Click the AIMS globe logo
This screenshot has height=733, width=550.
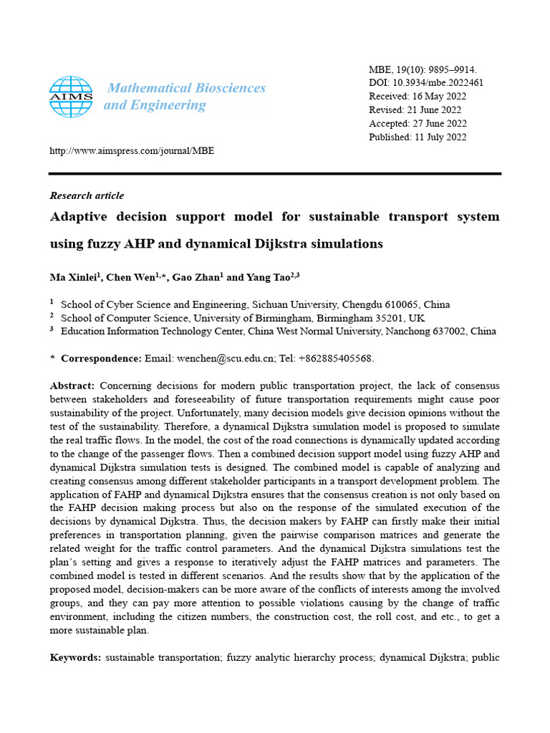71,97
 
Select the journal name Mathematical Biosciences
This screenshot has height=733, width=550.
186,88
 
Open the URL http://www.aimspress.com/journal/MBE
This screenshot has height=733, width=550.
131,151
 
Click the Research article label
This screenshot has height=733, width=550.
87,195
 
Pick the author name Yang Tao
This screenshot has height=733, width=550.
261,277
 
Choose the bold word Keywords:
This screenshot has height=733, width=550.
75,656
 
